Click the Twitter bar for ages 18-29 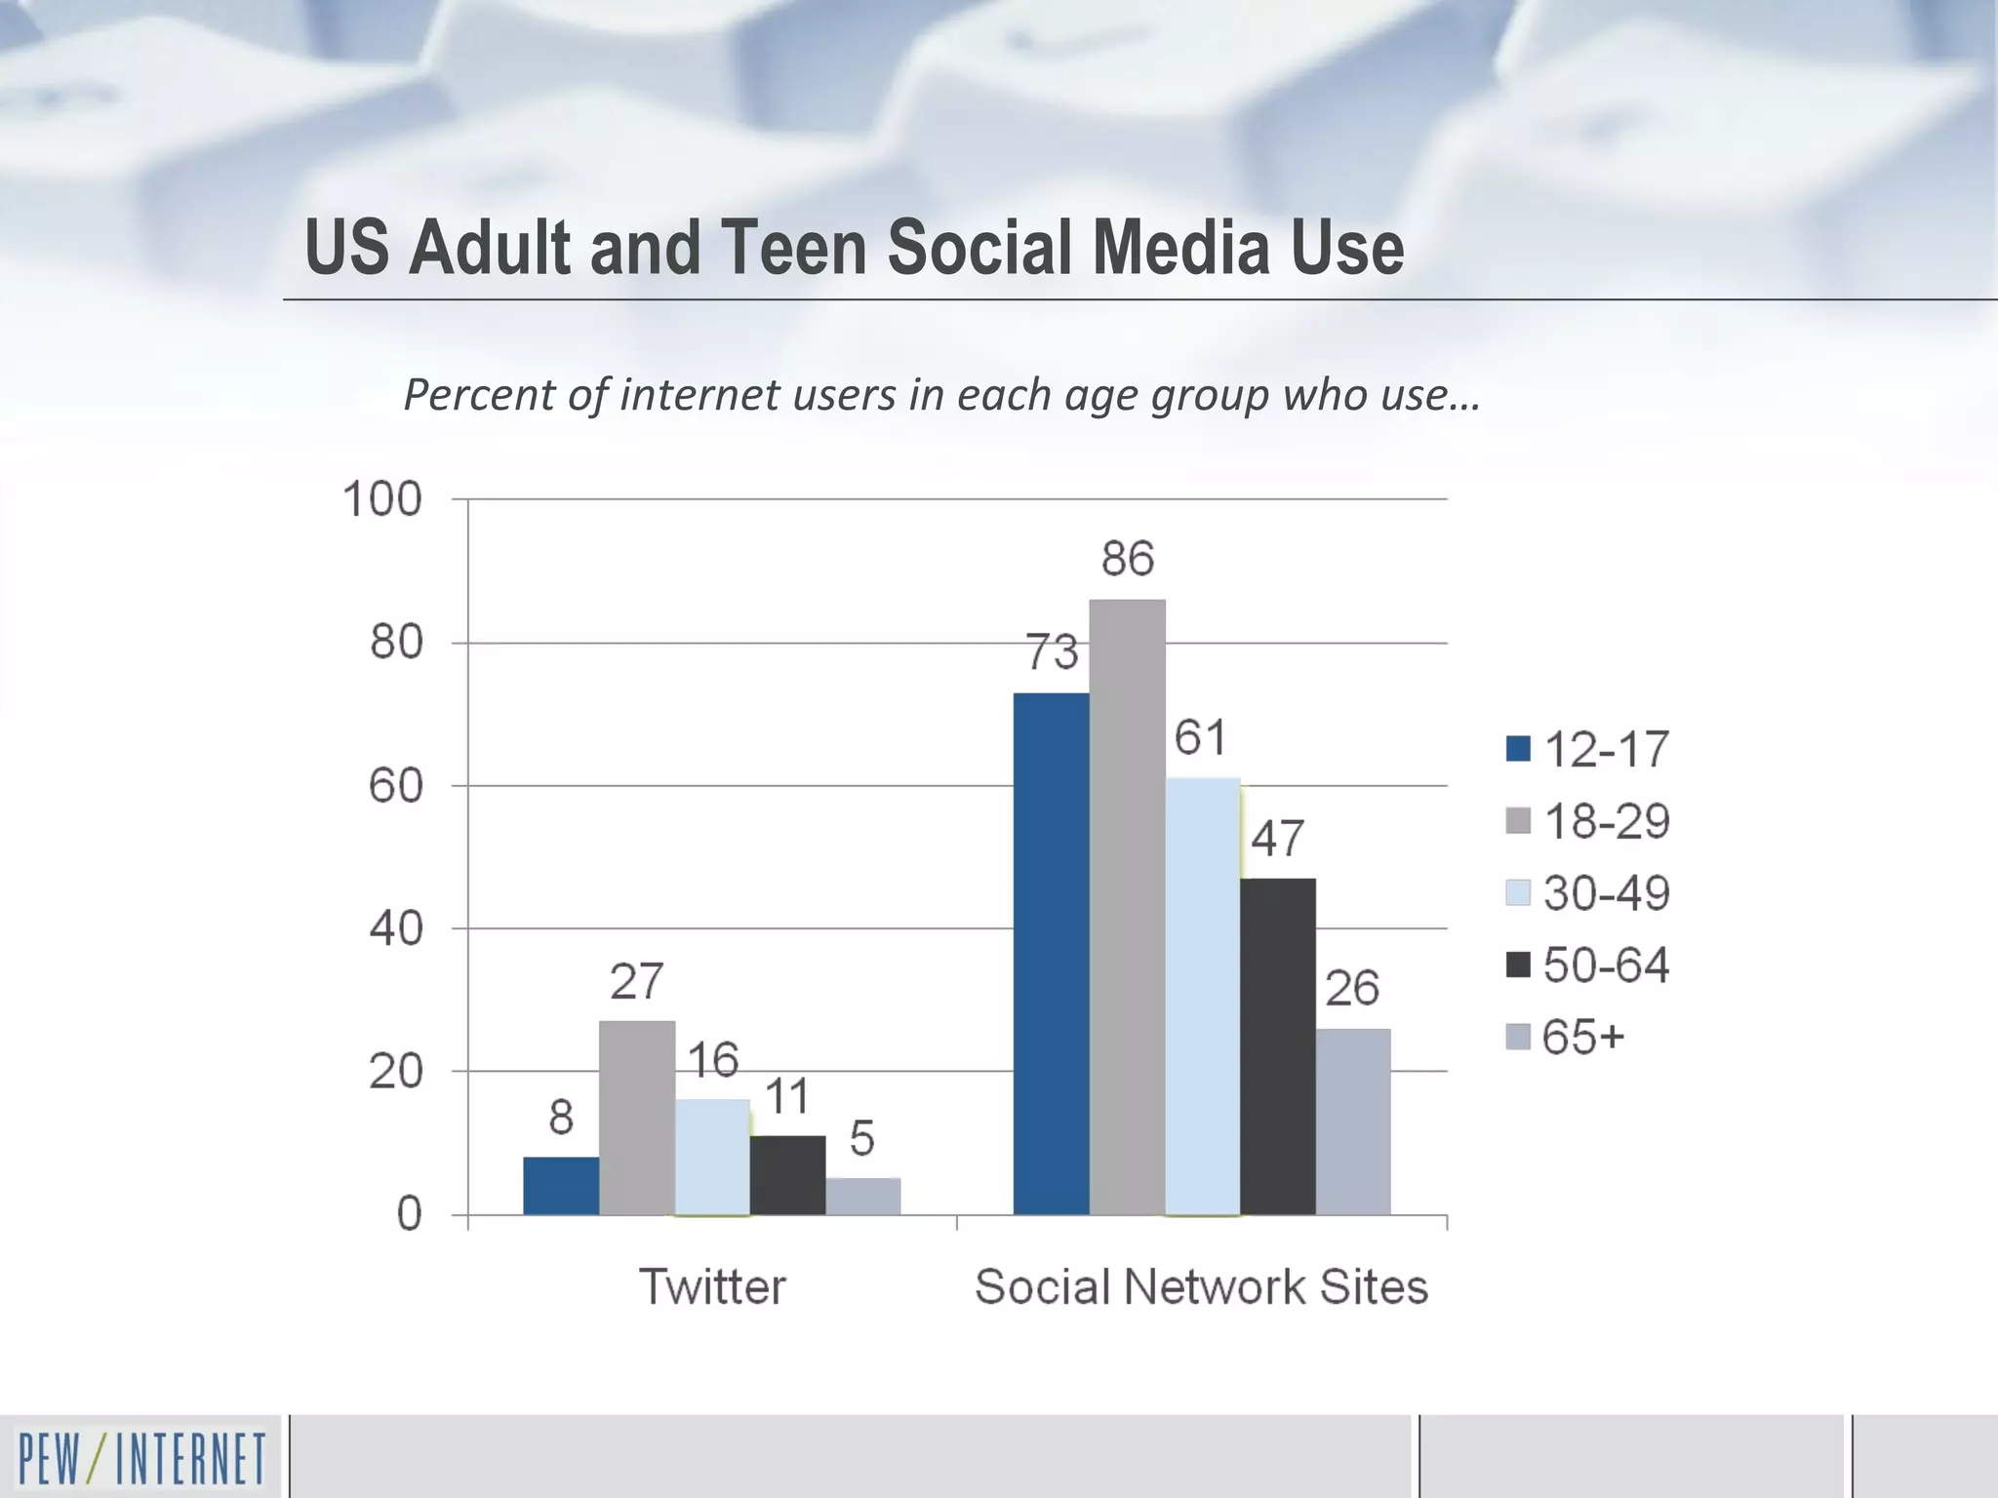637,1118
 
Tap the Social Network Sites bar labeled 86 1127,907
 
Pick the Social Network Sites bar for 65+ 1353,1122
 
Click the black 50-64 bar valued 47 1278,1046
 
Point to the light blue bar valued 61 1202,996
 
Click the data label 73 1052,652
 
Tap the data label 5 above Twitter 861,1138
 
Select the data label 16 713,1060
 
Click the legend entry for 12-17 1588,749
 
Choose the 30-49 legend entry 1588,893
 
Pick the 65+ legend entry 1567,1037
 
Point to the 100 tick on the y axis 382,499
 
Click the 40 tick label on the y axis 395,928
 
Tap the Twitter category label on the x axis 712,1286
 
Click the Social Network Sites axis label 1201,1286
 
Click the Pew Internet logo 142,1458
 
